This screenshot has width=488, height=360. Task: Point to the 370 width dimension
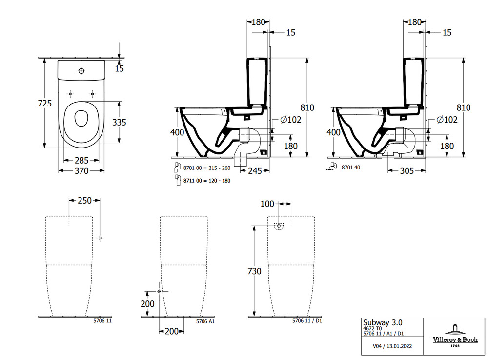[81, 171]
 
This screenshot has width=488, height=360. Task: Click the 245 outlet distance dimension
[256, 170]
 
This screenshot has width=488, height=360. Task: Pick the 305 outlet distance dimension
[407, 170]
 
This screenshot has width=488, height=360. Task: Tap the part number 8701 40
[351, 167]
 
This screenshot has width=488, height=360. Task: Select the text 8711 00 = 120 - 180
[207, 181]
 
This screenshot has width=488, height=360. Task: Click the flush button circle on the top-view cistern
[81, 70]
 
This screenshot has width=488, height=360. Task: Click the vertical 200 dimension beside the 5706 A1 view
[147, 304]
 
